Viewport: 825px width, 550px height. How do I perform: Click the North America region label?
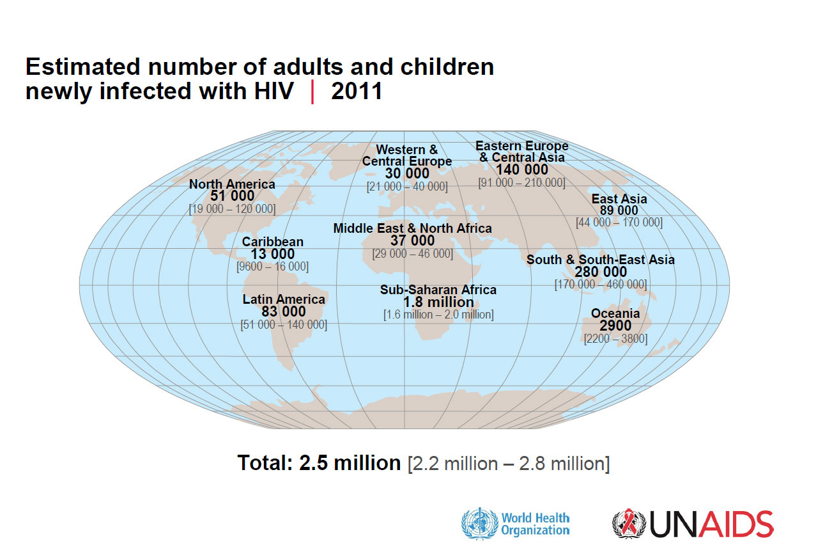click(x=232, y=184)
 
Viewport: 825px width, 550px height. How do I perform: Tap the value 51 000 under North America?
click(x=232, y=196)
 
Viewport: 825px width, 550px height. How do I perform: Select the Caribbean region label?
click(x=272, y=242)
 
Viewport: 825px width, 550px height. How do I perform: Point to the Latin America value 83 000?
click(x=283, y=311)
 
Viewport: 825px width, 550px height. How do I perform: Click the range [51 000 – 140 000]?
click(x=283, y=325)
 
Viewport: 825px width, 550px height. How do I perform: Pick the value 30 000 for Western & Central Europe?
click(x=407, y=173)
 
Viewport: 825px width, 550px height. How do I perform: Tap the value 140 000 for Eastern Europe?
click(x=521, y=169)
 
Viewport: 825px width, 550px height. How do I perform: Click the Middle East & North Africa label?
click(x=412, y=228)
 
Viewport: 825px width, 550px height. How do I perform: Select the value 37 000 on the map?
click(x=412, y=240)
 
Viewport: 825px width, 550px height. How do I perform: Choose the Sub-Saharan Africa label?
click(x=438, y=290)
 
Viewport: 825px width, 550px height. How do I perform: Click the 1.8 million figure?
click(x=438, y=302)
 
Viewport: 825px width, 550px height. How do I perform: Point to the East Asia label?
click(x=619, y=199)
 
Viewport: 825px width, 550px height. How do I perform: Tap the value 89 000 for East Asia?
click(x=619, y=210)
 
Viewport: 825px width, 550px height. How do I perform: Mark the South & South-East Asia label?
click(x=600, y=260)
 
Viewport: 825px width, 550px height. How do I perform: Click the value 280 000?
click(x=600, y=272)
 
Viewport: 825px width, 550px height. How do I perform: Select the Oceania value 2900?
click(x=615, y=326)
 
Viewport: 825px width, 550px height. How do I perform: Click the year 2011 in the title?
click(x=357, y=91)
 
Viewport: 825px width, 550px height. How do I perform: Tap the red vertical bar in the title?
click(x=312, y=91)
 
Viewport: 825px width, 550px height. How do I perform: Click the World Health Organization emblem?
click(x=478, y=523)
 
